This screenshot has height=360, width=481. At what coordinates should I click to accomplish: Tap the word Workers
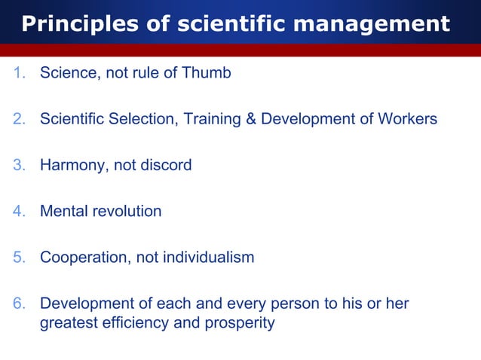coord(407,119)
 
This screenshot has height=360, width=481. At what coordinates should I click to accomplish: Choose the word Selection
coord(145,119)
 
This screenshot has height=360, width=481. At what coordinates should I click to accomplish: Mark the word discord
coord(165,165)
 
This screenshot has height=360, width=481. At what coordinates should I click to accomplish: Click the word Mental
coord(63,211)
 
